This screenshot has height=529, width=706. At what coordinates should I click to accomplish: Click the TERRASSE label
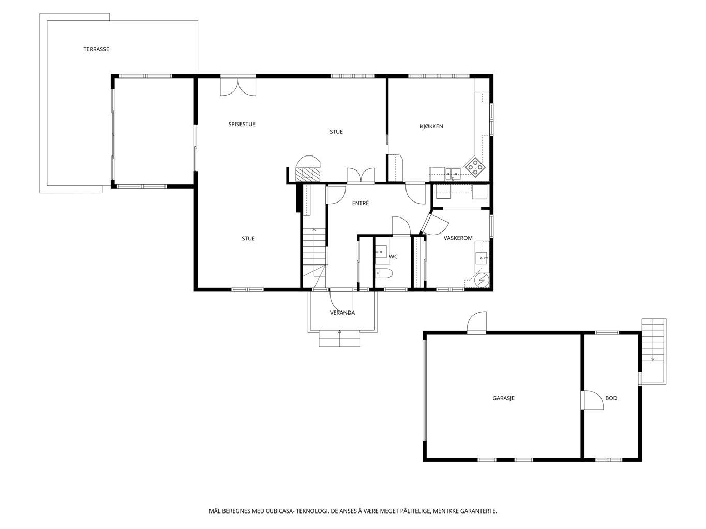point(96,49)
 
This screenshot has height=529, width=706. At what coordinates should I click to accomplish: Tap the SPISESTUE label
point(242,124)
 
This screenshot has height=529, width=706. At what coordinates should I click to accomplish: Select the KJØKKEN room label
point(431,126)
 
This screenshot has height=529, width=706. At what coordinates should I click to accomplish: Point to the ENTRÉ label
point(360,203)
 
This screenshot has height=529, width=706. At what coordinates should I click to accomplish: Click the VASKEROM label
point(458,238)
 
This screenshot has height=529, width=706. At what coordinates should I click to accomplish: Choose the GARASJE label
point(503,398)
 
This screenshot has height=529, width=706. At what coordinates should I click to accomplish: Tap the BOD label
point(611,398)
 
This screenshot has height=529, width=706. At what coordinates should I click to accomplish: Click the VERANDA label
point(342,313)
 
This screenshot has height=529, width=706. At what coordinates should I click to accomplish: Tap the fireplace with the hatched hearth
point(308,169)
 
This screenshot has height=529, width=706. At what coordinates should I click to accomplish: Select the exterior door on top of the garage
point(476,322)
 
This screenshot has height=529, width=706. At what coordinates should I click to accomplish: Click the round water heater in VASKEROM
point(483,280)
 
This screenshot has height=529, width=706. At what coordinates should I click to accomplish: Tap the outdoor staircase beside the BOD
point(654,351)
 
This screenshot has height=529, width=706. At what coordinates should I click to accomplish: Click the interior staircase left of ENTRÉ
point(314,257)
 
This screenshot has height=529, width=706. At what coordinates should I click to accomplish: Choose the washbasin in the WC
point(381,252)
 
